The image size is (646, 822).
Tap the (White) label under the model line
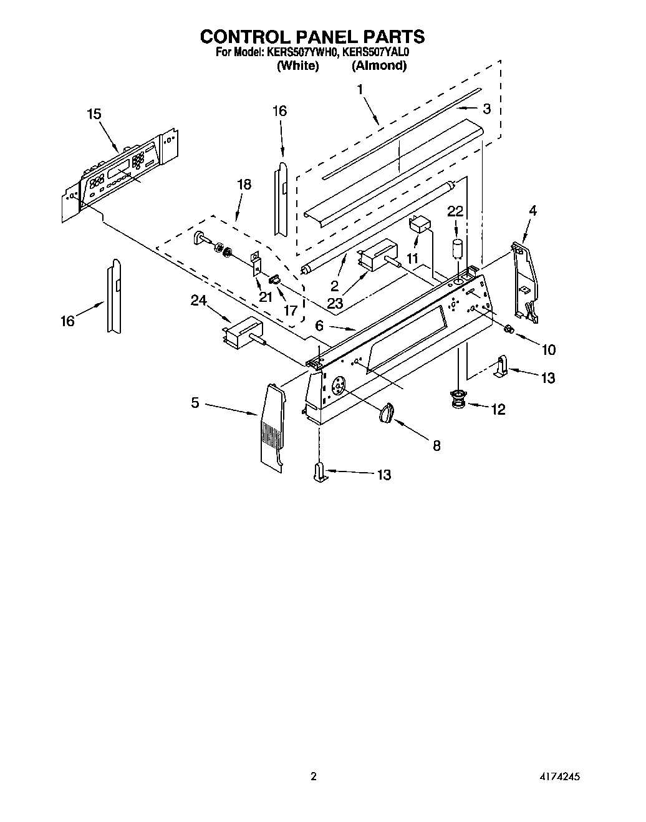[x=297, y=65]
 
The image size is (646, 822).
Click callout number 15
[x=94, y=114]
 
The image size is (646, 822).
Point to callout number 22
[x=455, y=211]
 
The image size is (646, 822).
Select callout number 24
[x=198, y=301]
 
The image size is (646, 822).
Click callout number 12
[x=498, y=409]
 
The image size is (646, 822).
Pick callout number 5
[x=195, y=404]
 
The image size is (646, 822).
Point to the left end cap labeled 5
[x=271, y=424]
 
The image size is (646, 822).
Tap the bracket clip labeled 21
[x=256, y=263]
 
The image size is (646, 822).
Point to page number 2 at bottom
[x=314, y=777]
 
